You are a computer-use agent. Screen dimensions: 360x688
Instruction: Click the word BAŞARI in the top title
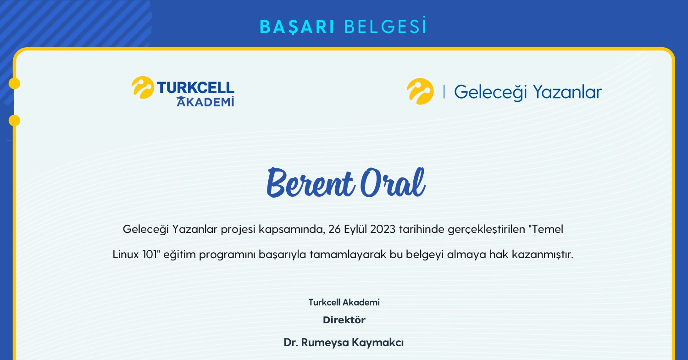click(x=297, y=27)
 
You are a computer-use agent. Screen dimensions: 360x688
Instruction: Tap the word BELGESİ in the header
click(x=385, y=27)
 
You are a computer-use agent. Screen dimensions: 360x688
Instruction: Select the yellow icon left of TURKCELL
click(x=143, y=87)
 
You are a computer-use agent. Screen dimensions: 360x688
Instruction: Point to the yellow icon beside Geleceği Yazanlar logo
click(x=420, y=91)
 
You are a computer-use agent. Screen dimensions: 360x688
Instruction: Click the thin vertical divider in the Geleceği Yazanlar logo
click(x=444, y=92)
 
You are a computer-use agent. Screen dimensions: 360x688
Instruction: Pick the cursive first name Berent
click(x=310, y=183)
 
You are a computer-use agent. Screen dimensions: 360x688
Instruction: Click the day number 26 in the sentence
click(x=335, y=229)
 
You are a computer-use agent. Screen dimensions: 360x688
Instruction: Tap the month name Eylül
click(x=355, y=229)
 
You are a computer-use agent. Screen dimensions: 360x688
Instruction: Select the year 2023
click(x=383, y=229)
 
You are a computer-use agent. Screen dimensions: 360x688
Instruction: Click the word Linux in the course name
click(x=125, y=255)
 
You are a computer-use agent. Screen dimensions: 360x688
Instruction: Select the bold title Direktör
click(x=344, y=320)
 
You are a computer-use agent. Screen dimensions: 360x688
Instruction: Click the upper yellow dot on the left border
click(x=14, y=83)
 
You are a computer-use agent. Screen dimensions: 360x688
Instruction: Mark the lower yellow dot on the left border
click(x=14, y=121)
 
